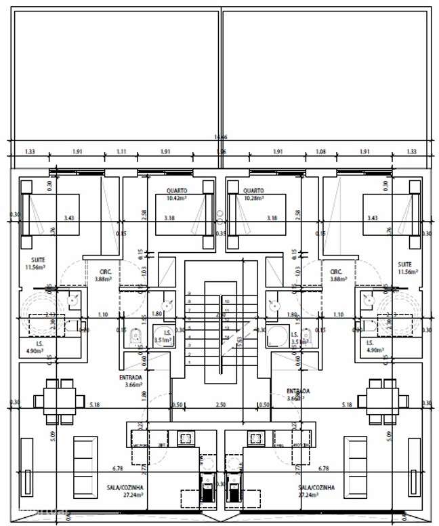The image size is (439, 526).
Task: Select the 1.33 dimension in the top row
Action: (x=30, y=153)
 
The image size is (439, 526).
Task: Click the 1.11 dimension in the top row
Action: (x=121, y=153)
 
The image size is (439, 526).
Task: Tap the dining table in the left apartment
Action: (x=60, y=397)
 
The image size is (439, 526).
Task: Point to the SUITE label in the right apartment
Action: (x=405, y=264)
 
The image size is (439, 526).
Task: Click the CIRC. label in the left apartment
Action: (x=105, y=271)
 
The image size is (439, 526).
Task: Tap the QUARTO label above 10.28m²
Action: (x=254, y=190)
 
